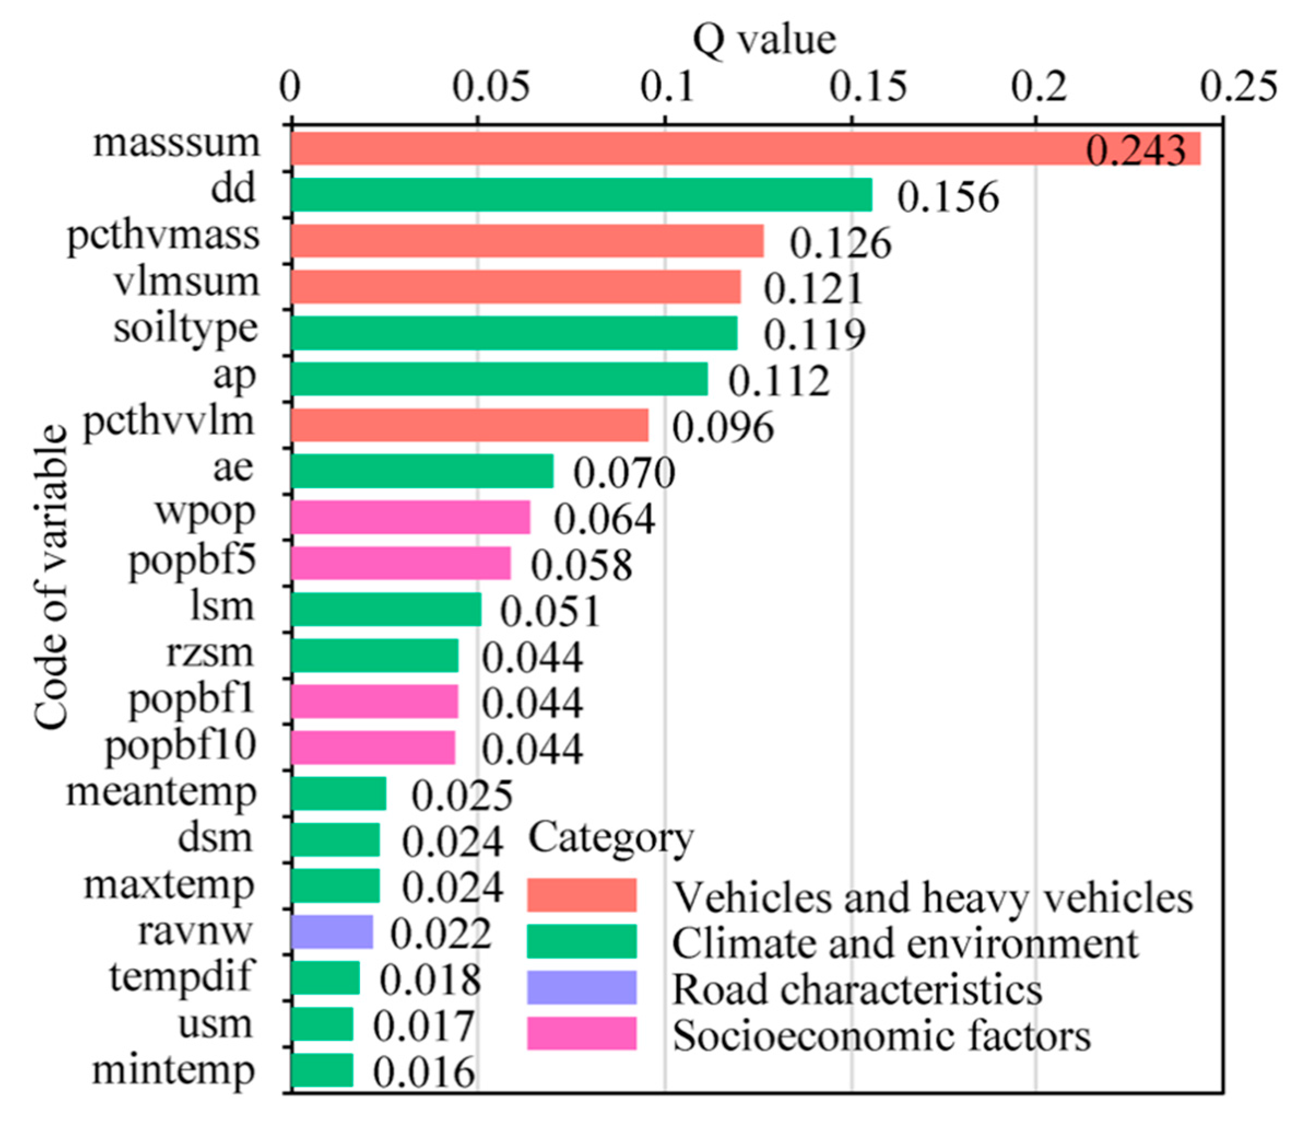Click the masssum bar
point(746,149)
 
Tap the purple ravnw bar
point(332,933)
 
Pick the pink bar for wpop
point(410,518)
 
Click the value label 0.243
point(1136,151)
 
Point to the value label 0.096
point(723,428)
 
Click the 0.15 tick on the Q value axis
point(868,86)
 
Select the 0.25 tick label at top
point(1238,86)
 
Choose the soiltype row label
point(186,328)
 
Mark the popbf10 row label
point(181,746)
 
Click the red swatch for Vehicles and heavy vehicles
point(581,895)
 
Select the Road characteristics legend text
point(857,990)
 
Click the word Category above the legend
point(610,838)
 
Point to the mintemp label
point(174,1070)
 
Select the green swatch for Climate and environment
point(581,941)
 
